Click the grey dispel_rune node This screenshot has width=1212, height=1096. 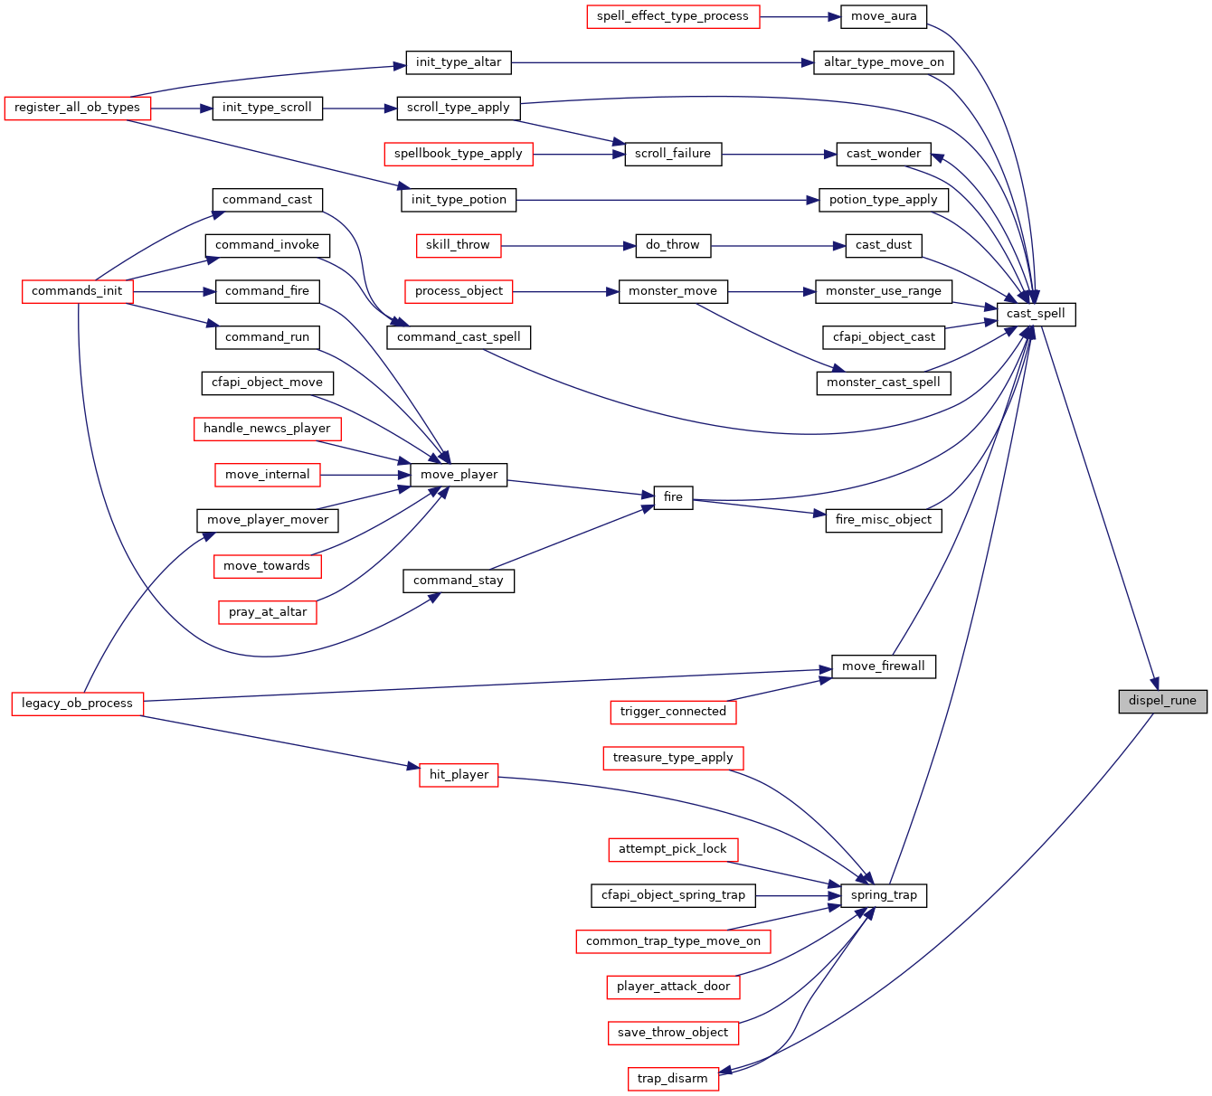[1162, 701]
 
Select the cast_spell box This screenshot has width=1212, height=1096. [1036, 314]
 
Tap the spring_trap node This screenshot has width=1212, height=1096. [884, 895]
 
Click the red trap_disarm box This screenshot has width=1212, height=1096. [672, 1079]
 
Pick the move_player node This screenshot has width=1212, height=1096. [459, 475]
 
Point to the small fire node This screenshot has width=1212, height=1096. [673, 497]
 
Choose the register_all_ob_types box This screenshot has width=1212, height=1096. [78, 109]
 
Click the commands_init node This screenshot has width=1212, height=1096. [78, 291]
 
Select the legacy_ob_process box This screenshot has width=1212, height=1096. [78, 704]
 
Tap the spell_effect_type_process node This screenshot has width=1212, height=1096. [673, 16]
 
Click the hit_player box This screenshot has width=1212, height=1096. [459, 775]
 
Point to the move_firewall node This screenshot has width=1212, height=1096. [884, 666]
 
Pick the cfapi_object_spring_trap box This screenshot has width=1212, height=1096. [673, 895]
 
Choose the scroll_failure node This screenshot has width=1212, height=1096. [673, 154]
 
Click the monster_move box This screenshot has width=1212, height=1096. [673, 291]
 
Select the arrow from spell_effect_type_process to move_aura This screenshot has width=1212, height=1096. [800, 17]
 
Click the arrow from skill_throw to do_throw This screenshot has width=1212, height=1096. [568, 246]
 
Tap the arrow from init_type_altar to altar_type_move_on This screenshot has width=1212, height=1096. [662, 62]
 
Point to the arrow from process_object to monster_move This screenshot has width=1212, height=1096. [565, 292]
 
